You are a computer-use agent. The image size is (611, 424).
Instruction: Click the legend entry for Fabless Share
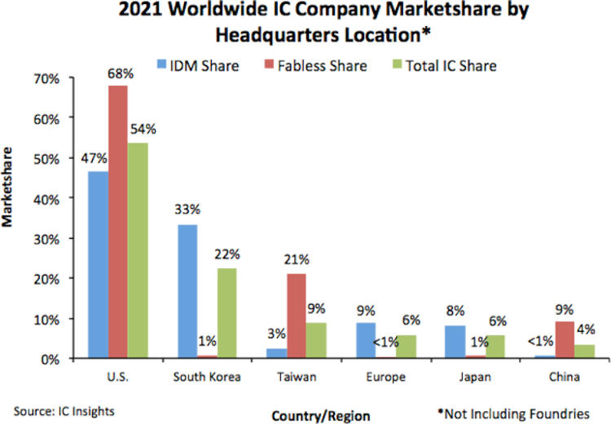309,65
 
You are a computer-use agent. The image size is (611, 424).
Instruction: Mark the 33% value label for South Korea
187,209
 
